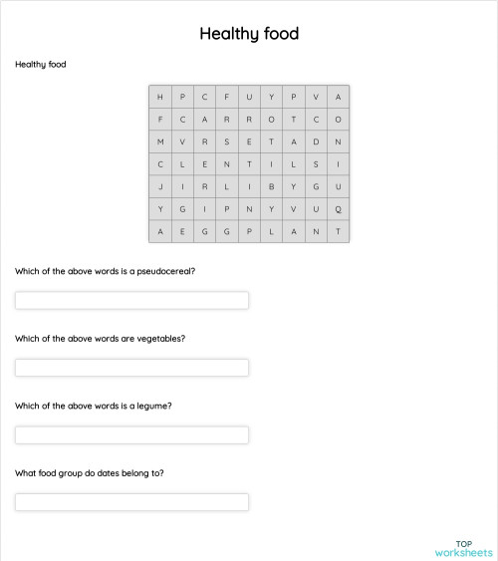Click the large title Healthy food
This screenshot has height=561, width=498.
pyautogui.click(x=249, y=34)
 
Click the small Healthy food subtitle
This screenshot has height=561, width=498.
pyautogui.click(x=41, y=65)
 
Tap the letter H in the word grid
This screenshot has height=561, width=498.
pyautogui.click(x=159, y=97)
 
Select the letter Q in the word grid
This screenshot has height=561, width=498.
pyautogui.click(x=339, y=209)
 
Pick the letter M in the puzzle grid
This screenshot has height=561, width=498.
pyautogui.click(x=159, y=141)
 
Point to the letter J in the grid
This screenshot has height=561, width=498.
pyautogui.click(x=159, y=186)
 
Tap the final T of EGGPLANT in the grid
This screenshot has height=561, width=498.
pyautogui.click(x=339, y=231)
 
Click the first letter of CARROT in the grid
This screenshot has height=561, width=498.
pyautogui.click(x=182, y=120)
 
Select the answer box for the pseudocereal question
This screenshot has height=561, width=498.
pyautogui.click(x=131, y=300)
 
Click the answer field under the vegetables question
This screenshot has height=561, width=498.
pyautogui.click(x=131, y=368)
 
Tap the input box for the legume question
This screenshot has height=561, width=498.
pyautogui.click(x=131, y=435)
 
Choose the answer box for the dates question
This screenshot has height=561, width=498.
pyautogui.click(x=131, y=502)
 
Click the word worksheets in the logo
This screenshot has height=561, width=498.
pyautogui.click(x=463, y=552)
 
